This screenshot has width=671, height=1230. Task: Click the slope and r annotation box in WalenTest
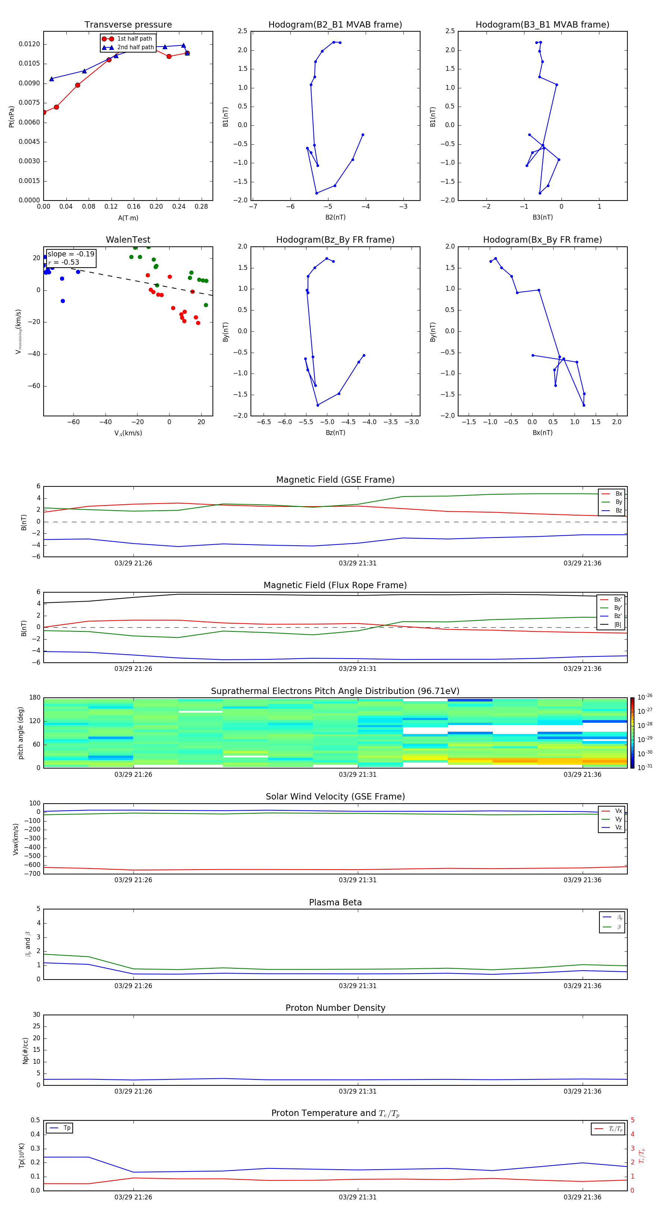click(x=71, y=258)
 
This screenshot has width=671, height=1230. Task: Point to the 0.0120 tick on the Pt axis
click(x=29, y=44)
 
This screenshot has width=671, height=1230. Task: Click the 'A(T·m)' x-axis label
click(x=128, y=218)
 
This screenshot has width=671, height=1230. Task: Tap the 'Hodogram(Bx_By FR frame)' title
click(x=542, y=240)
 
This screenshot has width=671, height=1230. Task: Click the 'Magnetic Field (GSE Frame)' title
click(x=335, y=479)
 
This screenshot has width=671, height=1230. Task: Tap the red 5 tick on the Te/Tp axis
click(x=632, y=1120)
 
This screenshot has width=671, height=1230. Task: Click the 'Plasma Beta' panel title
click(x=335, y=902)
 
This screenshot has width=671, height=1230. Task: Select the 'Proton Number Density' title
click(x=335, y=1008)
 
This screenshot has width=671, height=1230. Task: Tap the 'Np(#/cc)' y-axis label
click(x=25, y=1050)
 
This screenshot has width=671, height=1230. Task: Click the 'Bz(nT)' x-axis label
click(x=335, y=433)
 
